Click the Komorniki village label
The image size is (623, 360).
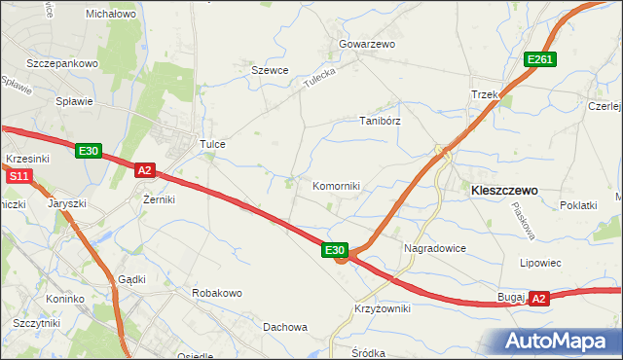click(x=336, y=186)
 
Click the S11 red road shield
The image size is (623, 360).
click(x=18, y=176)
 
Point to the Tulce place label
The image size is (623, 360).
click(x=212, y=144)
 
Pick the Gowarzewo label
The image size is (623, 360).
click(x=365, y=45)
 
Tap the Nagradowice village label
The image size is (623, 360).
click(x=435, y=248)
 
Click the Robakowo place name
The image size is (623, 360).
click(x=217, y=293)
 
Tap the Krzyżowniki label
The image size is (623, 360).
click(x=382, y=308)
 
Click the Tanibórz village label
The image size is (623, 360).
click(x=380, y=122)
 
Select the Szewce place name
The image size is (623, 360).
click(x=271, y=70)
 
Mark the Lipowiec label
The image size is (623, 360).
click(x=540, y=263)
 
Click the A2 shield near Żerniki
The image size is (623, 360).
click(x=145, y=170)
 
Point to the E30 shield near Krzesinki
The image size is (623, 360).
click(x=89, y=150)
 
